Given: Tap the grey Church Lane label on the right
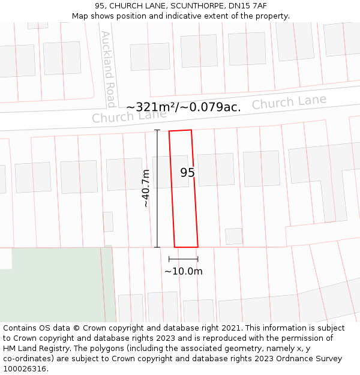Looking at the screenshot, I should coord(289,103).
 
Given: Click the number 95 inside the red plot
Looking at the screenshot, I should coord(187,173).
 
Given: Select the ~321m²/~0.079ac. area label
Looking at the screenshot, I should coord(183,107).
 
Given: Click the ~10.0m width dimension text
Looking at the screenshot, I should coord(184,271).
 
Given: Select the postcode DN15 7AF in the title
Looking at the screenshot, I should coord(248,6).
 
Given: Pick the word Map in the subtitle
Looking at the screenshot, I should coord(80,16).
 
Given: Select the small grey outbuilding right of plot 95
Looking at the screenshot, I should coord(233,236).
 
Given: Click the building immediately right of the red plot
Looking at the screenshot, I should coord(216,170).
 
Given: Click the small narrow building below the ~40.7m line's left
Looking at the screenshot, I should coord(108,221).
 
